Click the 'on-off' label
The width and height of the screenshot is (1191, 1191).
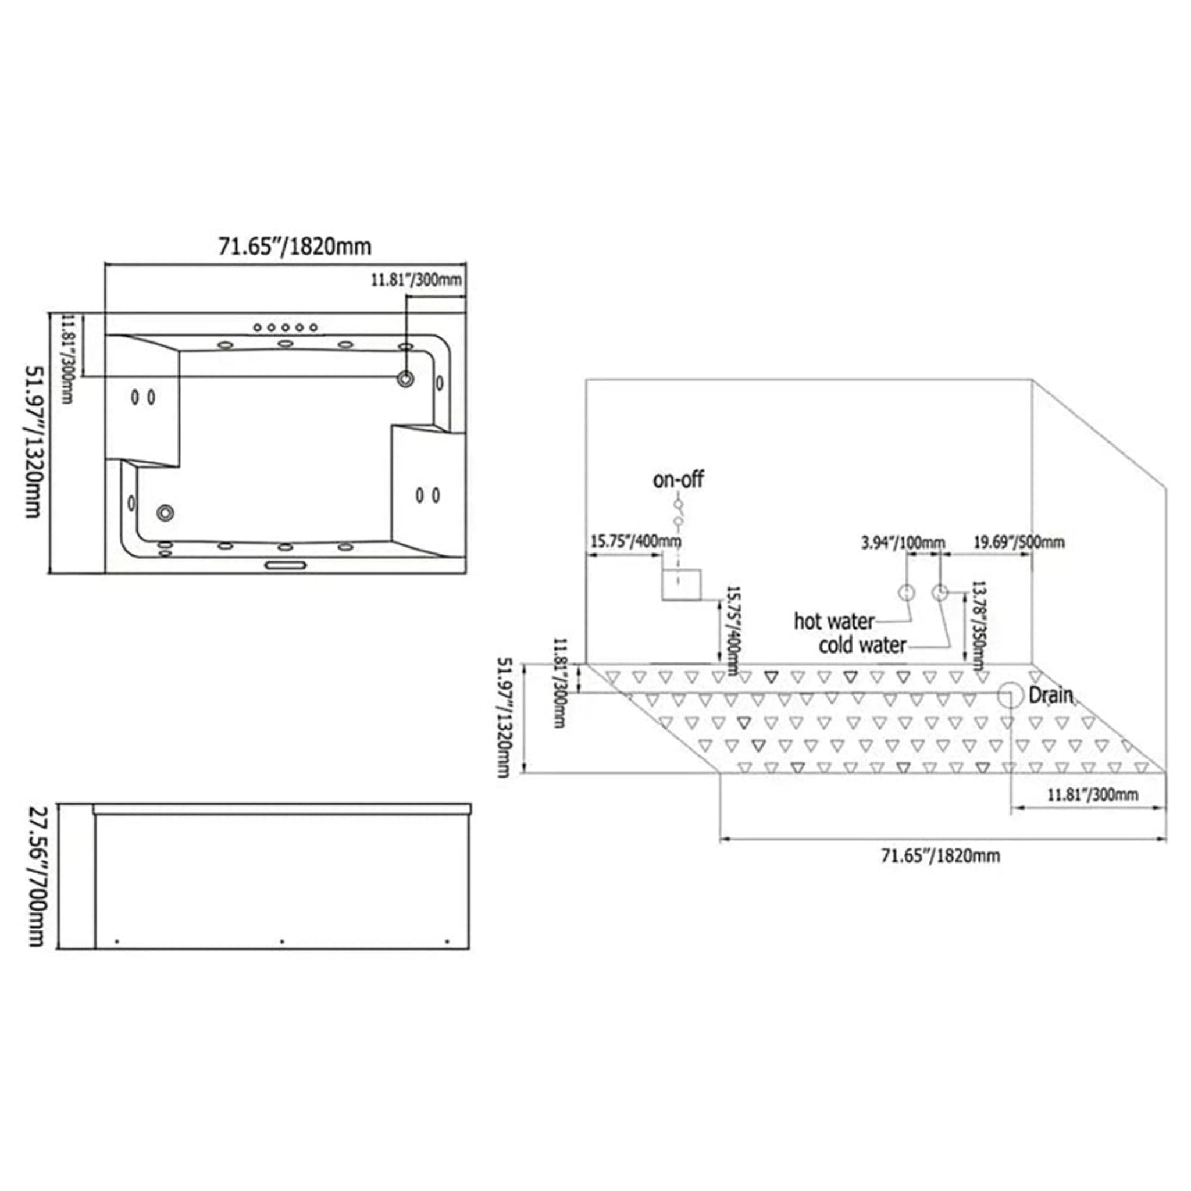(678, 480)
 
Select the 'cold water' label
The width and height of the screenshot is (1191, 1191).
(862, 646)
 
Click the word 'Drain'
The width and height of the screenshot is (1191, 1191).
(1050, 696)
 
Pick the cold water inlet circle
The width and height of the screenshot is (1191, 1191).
(939, 593)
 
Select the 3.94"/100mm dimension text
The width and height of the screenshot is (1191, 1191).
(903, 543)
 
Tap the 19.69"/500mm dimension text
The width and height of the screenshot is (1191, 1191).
(1018, 543)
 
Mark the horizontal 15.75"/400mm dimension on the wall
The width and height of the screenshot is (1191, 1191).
(636, 542)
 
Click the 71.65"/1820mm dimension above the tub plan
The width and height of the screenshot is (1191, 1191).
(295, 247)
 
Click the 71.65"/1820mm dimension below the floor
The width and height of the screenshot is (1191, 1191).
(940, 855)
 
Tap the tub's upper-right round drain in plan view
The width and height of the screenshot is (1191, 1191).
(405, 379)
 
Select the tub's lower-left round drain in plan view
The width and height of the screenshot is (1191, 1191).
(165, 512)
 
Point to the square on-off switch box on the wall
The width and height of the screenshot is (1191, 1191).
(681, 585)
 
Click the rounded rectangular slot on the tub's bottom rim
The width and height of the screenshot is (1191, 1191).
(286, 565)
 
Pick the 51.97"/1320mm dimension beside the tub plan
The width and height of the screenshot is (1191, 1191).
(34, 441)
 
